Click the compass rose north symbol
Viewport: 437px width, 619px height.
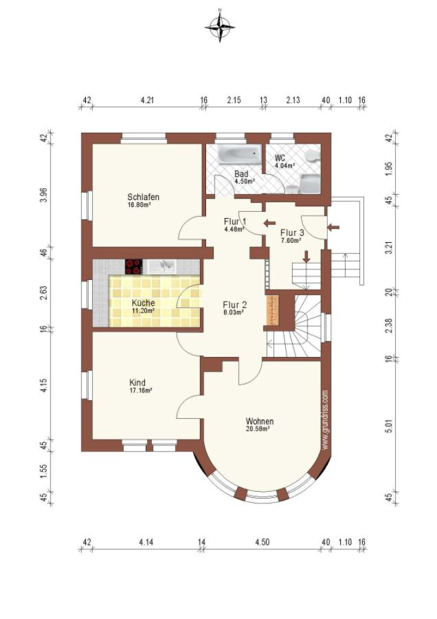point(220,25)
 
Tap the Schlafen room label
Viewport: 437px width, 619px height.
point(143,197)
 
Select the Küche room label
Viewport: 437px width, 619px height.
point(143,303)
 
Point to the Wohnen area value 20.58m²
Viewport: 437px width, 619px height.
point(259,428)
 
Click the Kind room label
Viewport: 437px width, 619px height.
point(137,382)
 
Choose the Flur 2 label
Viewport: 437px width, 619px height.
point(235,305)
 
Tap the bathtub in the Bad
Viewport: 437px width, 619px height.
point(239,154)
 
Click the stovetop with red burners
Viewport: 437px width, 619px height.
point(134,266)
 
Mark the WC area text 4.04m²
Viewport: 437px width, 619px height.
point(285,166)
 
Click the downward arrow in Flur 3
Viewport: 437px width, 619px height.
point(306,257)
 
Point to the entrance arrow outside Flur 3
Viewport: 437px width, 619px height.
point(333,227)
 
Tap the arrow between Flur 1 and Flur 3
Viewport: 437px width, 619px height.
point(270,223)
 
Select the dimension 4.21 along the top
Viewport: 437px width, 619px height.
point(147,100)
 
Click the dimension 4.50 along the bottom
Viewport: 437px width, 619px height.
point(262,542)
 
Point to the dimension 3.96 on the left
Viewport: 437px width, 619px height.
point(44,195)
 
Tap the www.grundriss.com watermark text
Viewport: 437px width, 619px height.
point(326,420)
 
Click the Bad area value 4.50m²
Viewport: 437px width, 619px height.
point(245,181)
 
